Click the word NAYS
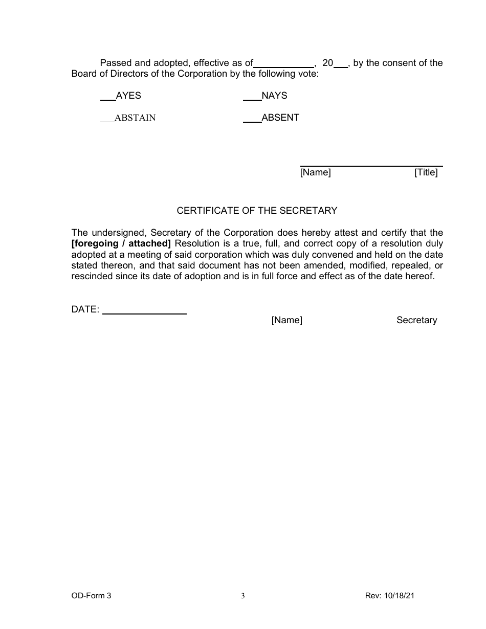pyautogui.click(x=274, y=96)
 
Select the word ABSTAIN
pyautogui.click(x=135, y=118)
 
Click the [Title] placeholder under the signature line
pyautogui.click(x=426, y=172)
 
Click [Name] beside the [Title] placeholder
pyautogui.click(x=316, y=172)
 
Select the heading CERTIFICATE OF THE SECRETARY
pyautogui.click(x=257, y=210)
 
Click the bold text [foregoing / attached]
pyautogui.click(x=121, y=243)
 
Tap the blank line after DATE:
pyautogui.click(x=144, y=311)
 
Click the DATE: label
pyautogui.click(x=85, y=309)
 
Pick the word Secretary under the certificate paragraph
pyautogui.click(x=416, y=320)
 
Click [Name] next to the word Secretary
pyautogui.click(x=287, y=320)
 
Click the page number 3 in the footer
pyautogui.click(x=243, y=596)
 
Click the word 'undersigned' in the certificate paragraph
pyautogui.click(x=117, y=233)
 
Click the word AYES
pyautogui.click(x=128, y=96)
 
